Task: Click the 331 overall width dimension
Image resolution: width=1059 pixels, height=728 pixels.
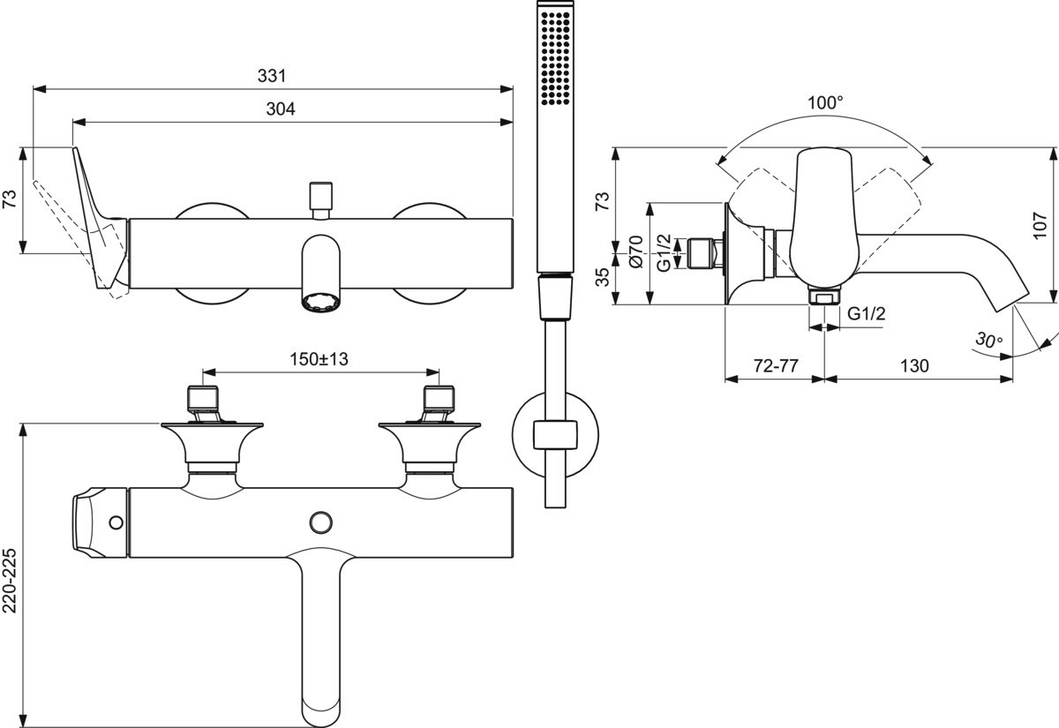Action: click(273, 77)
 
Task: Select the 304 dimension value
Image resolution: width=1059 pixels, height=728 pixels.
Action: click(281, 109)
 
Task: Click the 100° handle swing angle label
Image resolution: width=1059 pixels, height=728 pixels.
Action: click(825, 103)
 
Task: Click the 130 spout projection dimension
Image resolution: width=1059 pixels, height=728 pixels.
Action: click(915, 366)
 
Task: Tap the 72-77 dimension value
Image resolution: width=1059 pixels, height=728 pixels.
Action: click(774, 366)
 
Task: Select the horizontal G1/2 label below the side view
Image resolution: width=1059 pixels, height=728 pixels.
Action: click(866, 315)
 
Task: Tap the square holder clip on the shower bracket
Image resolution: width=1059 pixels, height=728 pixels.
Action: click(554, 436)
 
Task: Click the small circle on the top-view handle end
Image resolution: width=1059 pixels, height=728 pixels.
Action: click(116, 522)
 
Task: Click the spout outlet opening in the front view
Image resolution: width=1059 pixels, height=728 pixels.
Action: click(320, 303)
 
